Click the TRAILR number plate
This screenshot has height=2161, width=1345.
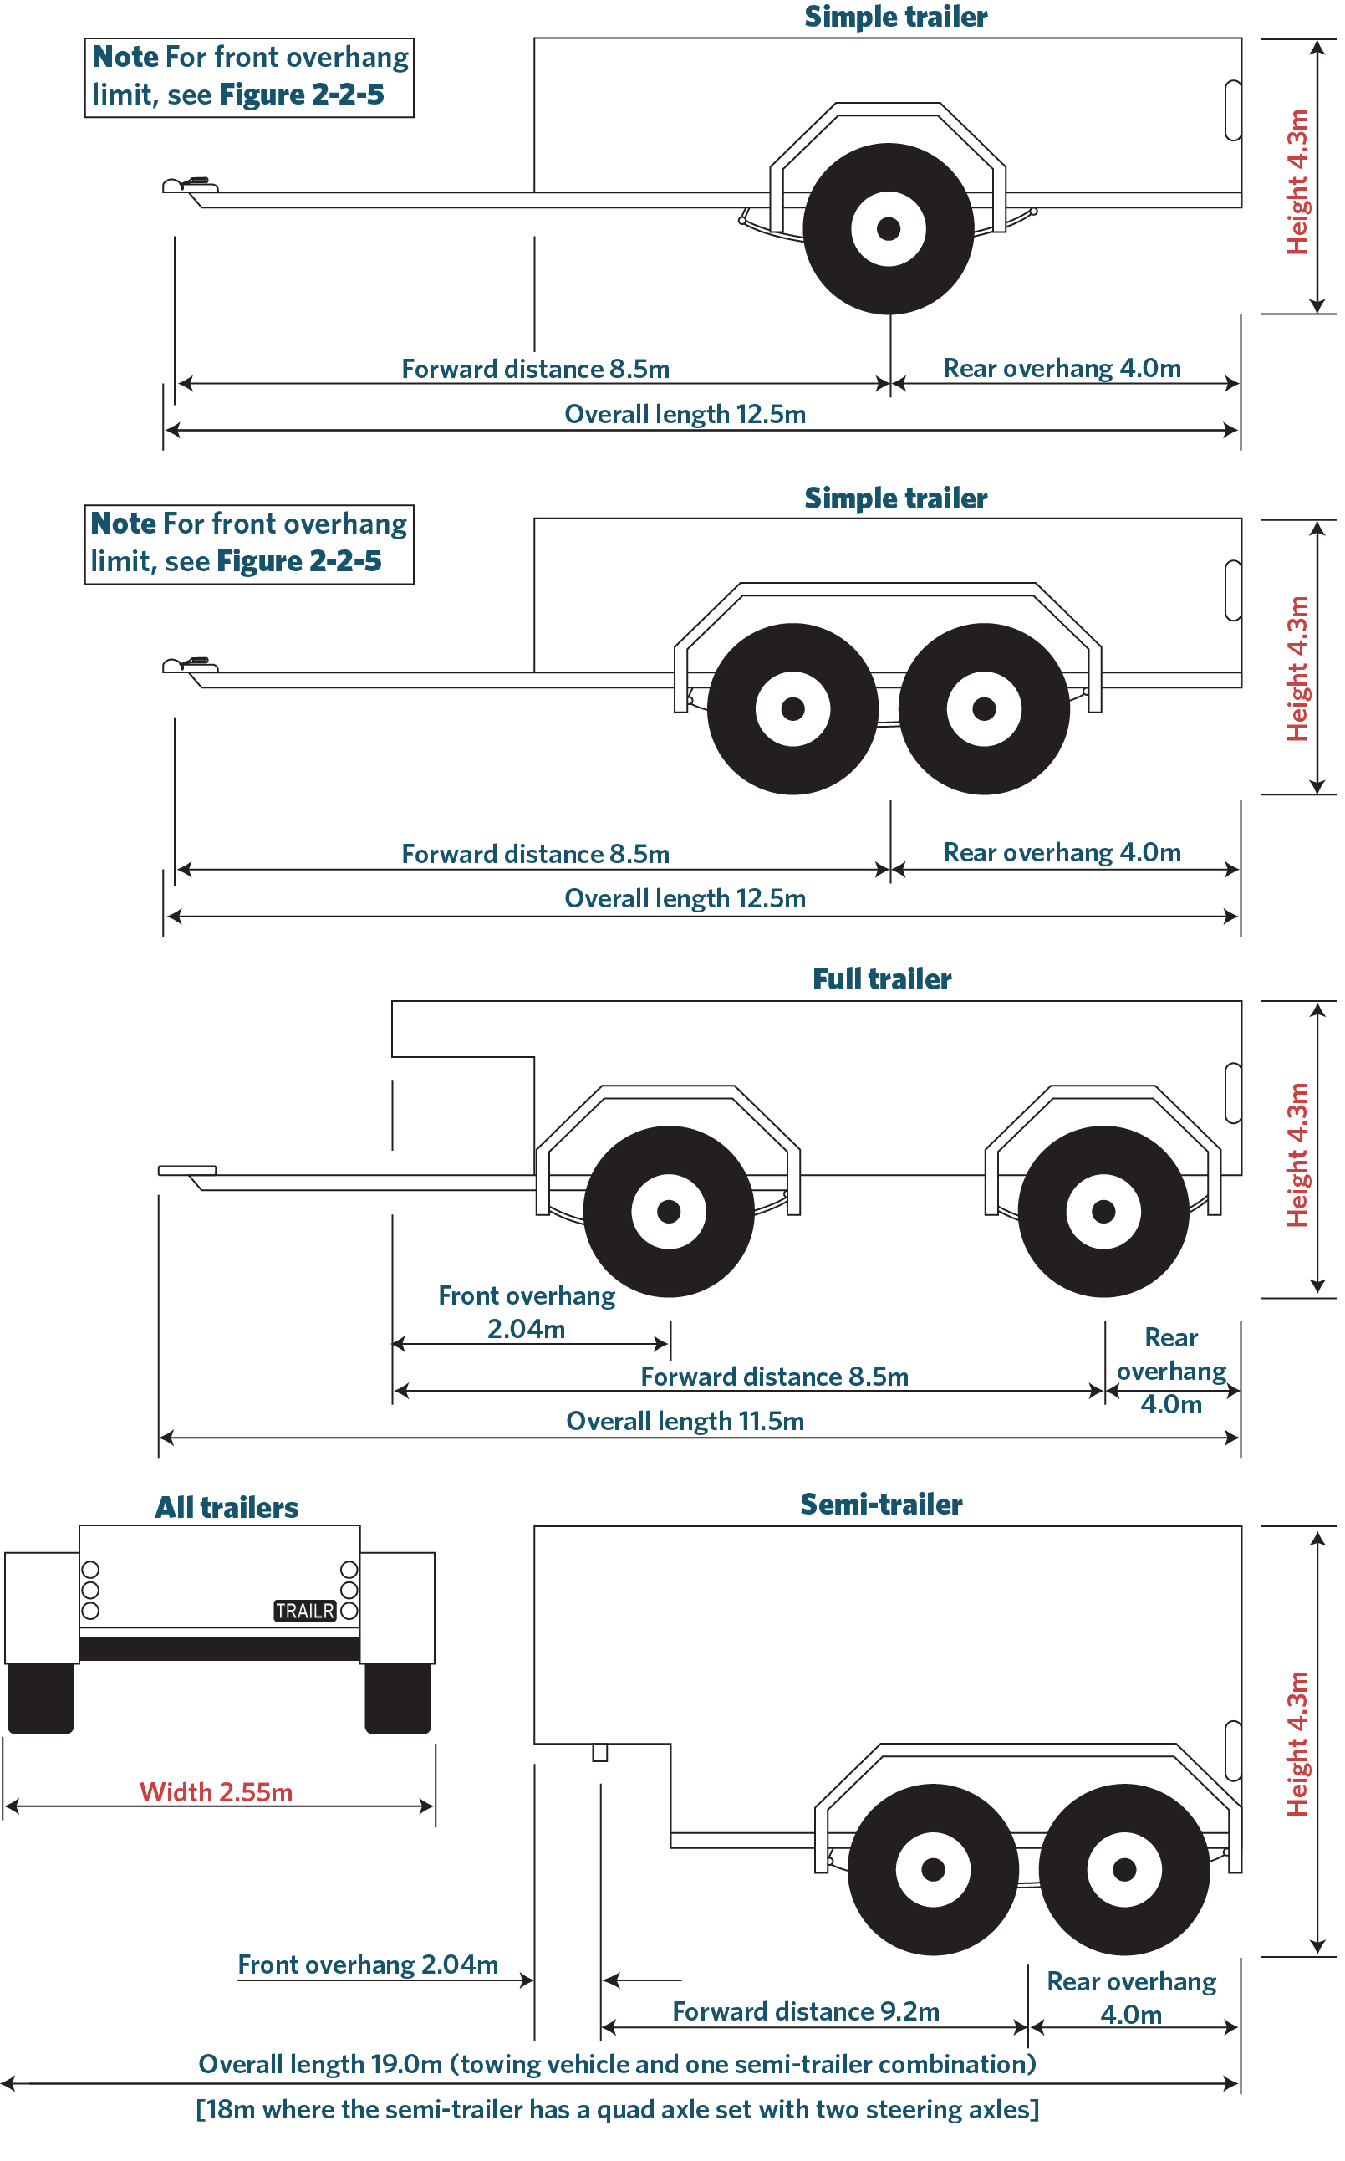tap(304, 1611)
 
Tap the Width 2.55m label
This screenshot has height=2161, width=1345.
tap(217, 1792)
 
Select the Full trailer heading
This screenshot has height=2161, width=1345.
tap(882, 978)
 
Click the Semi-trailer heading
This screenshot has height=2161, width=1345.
tap(881, 1504)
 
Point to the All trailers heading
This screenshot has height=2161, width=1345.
tap(227, 1507)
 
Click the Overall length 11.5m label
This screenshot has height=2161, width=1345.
tap(685, 1421)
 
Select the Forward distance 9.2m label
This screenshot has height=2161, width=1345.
tap(806, 2011)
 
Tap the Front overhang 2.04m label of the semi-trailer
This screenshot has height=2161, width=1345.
tap(367, 1964)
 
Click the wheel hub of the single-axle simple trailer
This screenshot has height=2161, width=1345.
tap(888, 228)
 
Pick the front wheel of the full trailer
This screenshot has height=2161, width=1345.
tap(669, 1211)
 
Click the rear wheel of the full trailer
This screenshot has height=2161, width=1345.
tap(1103, 1211)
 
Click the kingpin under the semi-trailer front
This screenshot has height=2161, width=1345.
tap(600, 1753)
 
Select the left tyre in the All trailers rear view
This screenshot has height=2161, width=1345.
tap(41, 1698)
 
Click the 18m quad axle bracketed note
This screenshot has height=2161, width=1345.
tap(618, 2109)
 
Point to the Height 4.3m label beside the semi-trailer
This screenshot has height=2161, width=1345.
tap(1298, 1744)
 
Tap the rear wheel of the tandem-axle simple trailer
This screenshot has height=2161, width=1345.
tap(984, 708)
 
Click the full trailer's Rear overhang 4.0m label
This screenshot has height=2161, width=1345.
tap(1170, 1370)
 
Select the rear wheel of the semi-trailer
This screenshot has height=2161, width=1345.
tap(1124, 1869)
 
